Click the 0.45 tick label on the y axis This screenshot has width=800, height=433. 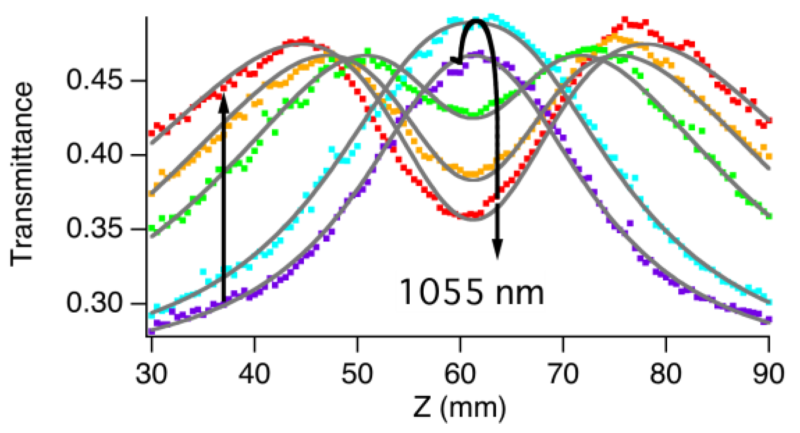click(88, 81)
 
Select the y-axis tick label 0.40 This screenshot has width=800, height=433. click(88, 155)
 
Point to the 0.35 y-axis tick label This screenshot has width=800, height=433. click(88, 229)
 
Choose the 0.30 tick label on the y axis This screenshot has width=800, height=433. click(88, 303)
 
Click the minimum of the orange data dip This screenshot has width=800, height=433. click(472, 175)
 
